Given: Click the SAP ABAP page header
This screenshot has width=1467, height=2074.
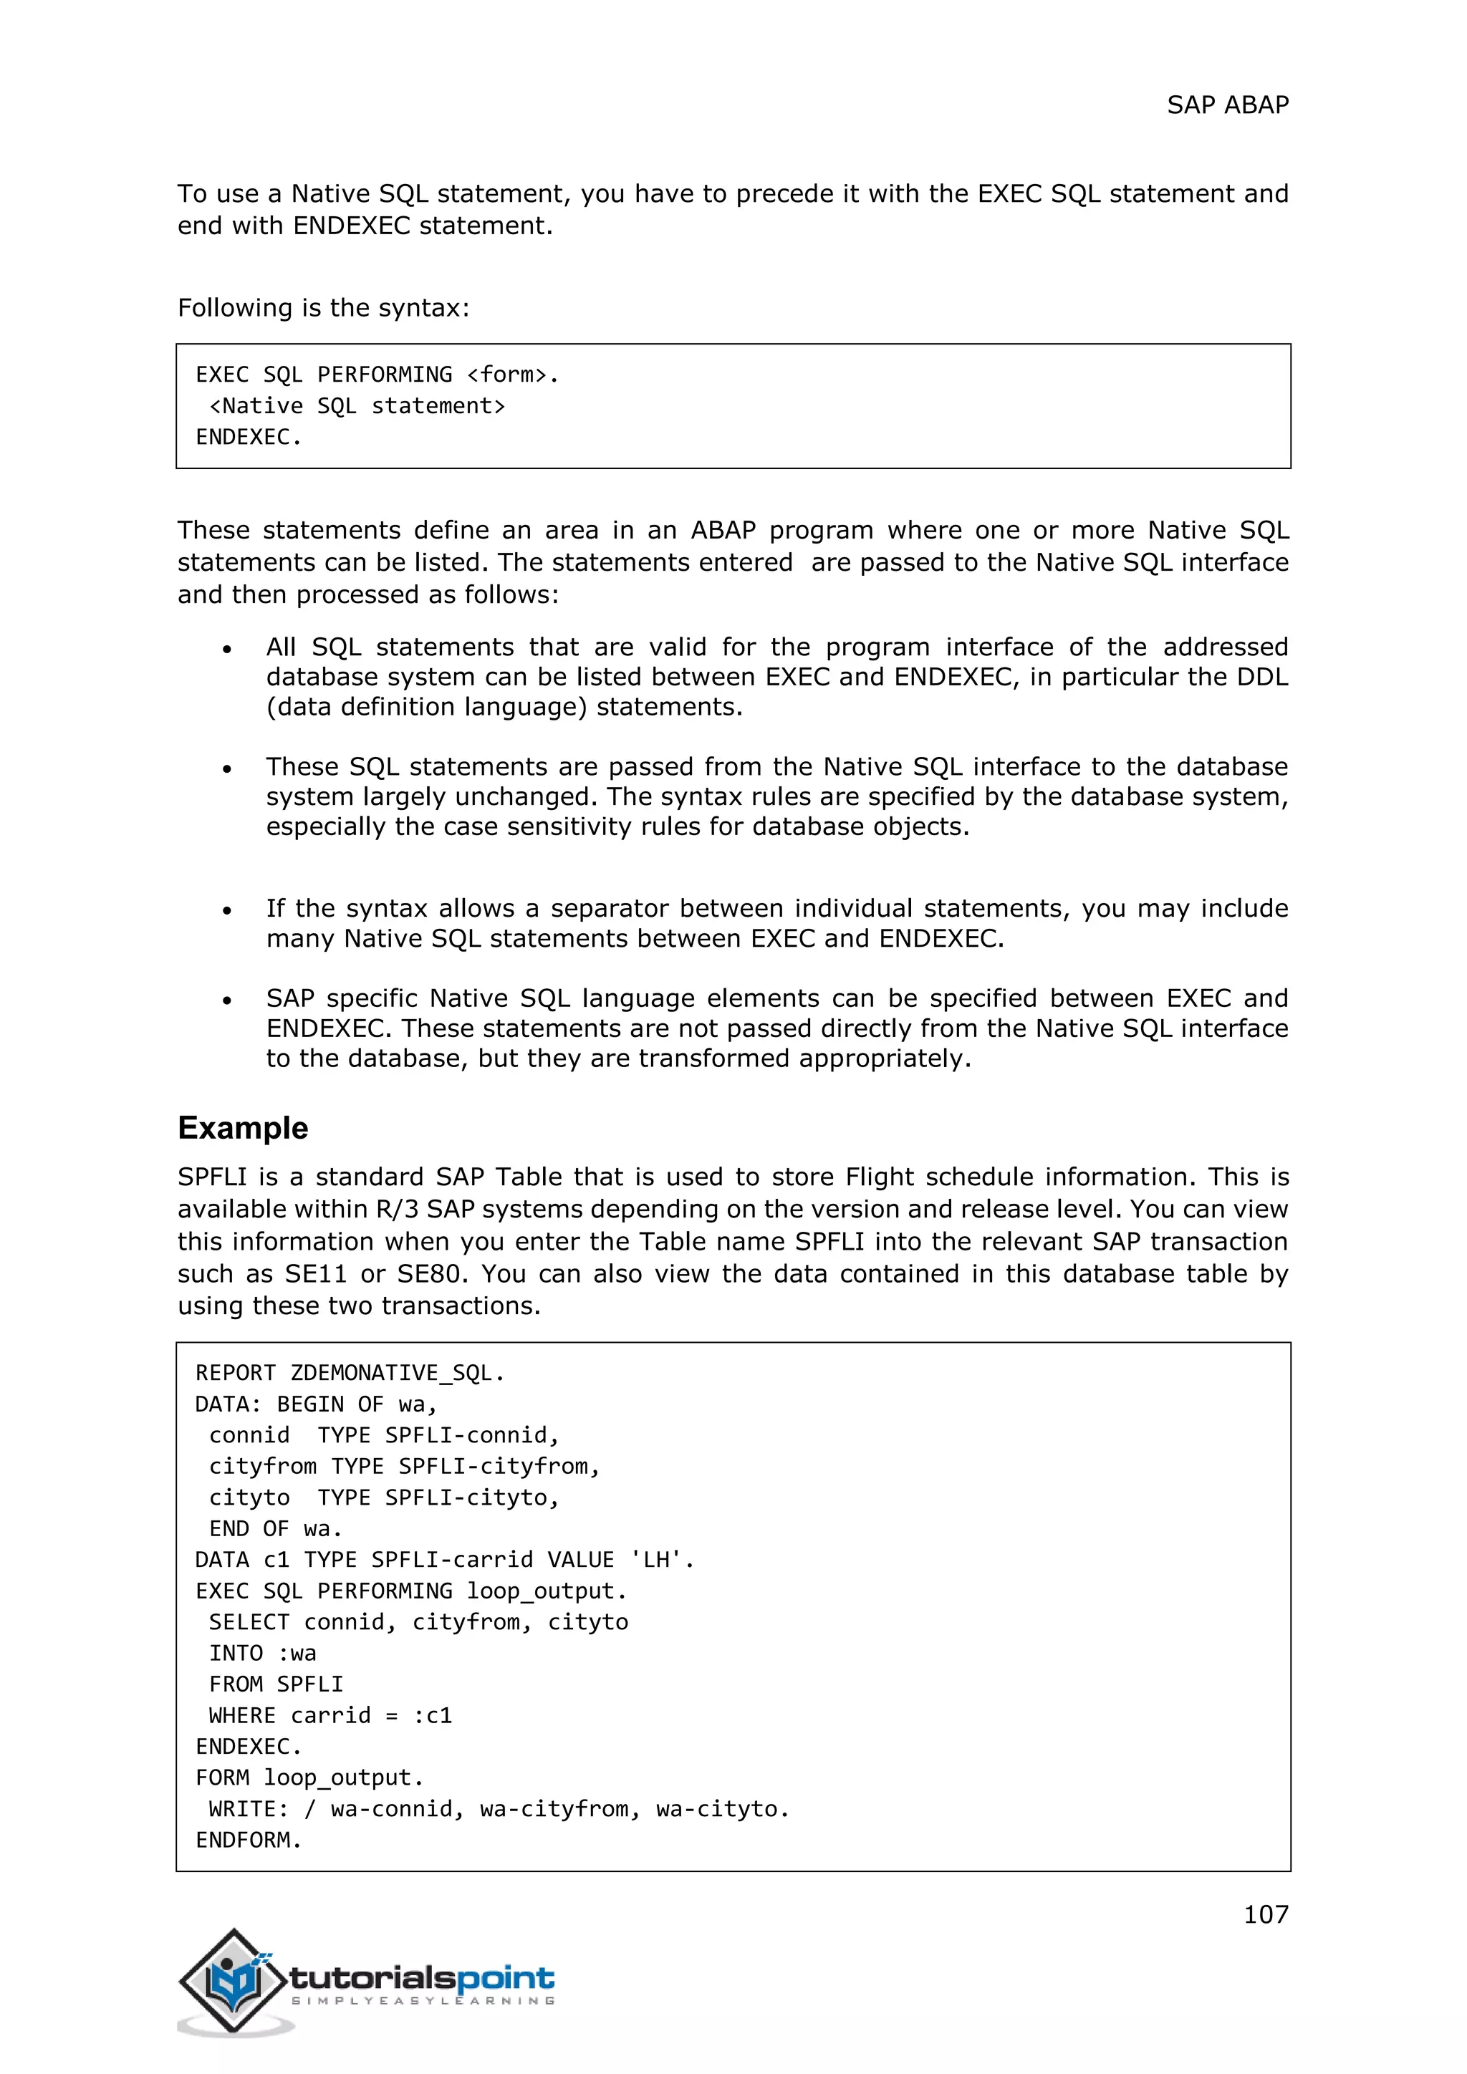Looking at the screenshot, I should pos(1227,106).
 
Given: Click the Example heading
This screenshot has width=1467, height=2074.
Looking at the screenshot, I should pos(242,1128).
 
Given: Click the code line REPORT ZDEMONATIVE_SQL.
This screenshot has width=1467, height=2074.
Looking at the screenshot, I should pos(350,1373).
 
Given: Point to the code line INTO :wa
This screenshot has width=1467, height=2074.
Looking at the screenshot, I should pos(262,1653).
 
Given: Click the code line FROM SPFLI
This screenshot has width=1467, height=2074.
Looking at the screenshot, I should pos(276,1684).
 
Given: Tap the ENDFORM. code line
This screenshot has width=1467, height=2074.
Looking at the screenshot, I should pos(249,1840).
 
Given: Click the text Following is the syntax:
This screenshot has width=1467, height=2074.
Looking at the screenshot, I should pos(323,308).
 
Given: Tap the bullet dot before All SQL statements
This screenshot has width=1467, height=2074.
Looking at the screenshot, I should pos(228,649).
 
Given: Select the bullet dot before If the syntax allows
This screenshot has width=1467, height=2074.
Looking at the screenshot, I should pos(228,910).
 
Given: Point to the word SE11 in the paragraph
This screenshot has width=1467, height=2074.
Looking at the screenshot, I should pos(315,1273).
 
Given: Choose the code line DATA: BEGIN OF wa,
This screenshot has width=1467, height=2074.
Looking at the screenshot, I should pos(316,1404).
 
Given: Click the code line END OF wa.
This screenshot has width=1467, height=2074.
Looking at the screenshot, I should pos(276,1528).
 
